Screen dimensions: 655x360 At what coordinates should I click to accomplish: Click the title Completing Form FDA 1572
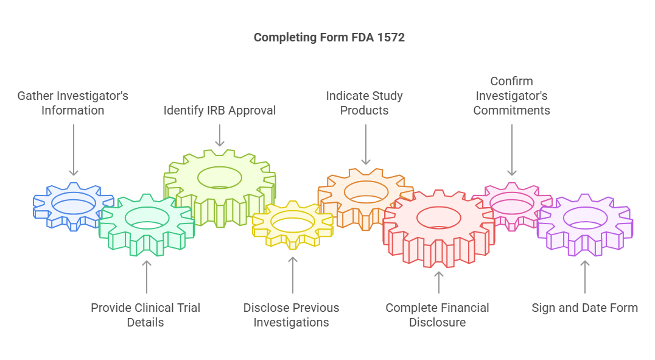point(329,37)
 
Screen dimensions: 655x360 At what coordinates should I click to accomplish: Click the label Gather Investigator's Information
point(73,103)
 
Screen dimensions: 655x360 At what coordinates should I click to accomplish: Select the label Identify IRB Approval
point(219,110)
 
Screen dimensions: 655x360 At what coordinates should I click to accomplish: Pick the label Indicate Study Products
point(364,103)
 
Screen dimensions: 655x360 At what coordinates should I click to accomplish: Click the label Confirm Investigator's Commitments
point(511,96)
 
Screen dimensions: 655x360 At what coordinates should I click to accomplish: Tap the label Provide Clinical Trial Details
point(145,315)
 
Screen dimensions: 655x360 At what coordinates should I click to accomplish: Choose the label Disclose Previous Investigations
point(292,315)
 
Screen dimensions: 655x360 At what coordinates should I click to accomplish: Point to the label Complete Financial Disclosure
point(438,315)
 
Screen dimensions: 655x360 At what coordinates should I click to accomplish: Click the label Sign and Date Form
point(584,308)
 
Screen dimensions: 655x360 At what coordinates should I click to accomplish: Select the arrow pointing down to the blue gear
point(73,149)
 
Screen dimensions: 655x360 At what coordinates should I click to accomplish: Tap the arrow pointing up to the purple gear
point(584,277)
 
